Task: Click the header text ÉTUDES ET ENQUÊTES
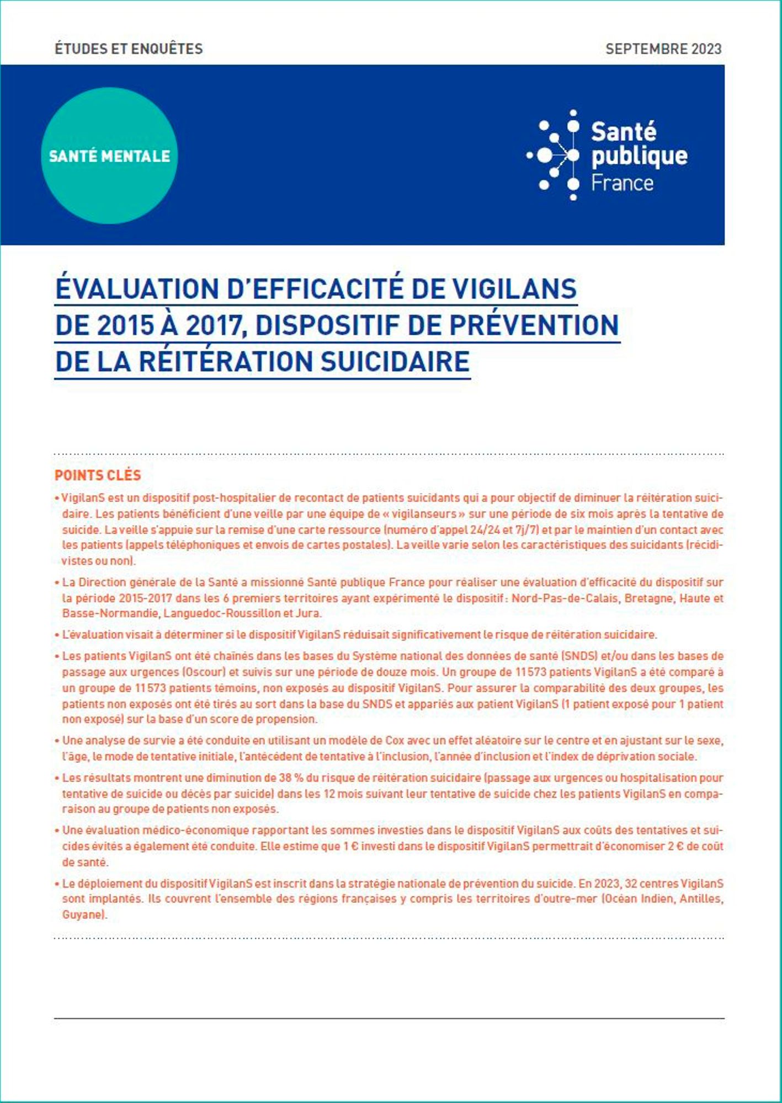pos(129,49)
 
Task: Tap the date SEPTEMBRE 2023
pos(663,49)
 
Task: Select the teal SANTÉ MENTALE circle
pos(109,156)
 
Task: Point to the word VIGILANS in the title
pos(514,289)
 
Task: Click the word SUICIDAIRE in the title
pos(395,362)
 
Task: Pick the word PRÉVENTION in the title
pos(534,325)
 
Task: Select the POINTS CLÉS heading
pos(98,475)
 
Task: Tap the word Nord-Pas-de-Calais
pos(565,598)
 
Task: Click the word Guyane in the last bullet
pos(83,915)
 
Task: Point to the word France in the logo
pos(622,183)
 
